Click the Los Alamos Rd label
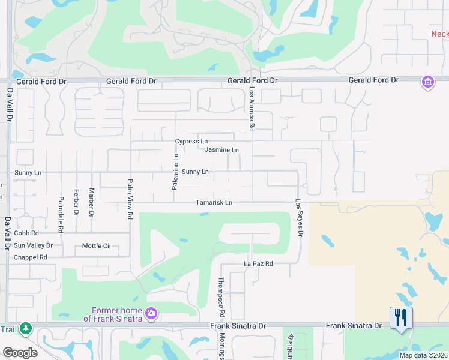coord(252,109)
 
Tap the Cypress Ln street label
coord(191,142)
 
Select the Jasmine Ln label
coord(221,150)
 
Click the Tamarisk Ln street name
coord(214,203)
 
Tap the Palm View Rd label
coord(130,198)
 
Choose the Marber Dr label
coord(91,203)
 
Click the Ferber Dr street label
coord(76,203)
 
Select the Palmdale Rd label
coord(61,214)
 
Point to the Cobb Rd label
coord(26,233)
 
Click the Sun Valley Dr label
coord(33,245)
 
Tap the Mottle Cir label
coord(97,245)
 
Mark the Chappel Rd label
coord(30,257)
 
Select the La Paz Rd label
coord(258,263)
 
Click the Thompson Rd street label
coord(221,297)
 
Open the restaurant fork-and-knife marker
coord(401,317)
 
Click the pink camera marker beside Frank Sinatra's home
coord(151,313)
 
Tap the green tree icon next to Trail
coord(25,328)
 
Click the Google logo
coord(20,353)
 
